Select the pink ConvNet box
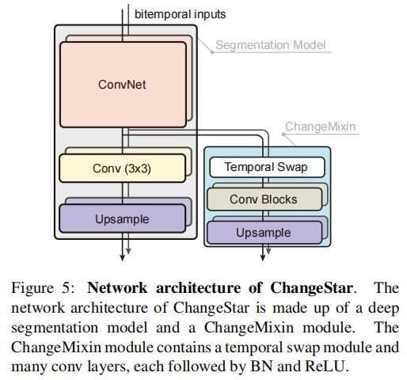coord(122,83)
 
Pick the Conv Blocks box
coord(264,199)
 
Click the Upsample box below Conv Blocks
coord(264,232)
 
